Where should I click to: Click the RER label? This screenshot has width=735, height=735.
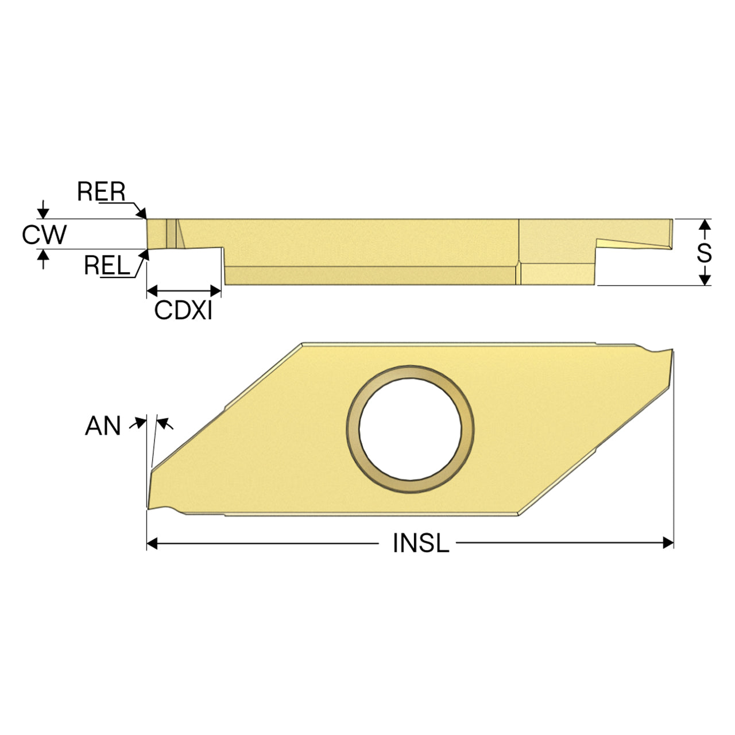coord(101,191)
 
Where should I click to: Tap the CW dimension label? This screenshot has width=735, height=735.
coord(44,234)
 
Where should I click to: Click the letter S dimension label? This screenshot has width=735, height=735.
coord(704,253)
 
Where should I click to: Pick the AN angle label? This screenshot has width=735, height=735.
coord(103,425)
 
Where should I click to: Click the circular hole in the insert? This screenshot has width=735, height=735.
coord(410,429)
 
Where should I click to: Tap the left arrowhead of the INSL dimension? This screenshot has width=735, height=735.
coord(152,543)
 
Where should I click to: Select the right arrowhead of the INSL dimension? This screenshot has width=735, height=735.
coord(668,543)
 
